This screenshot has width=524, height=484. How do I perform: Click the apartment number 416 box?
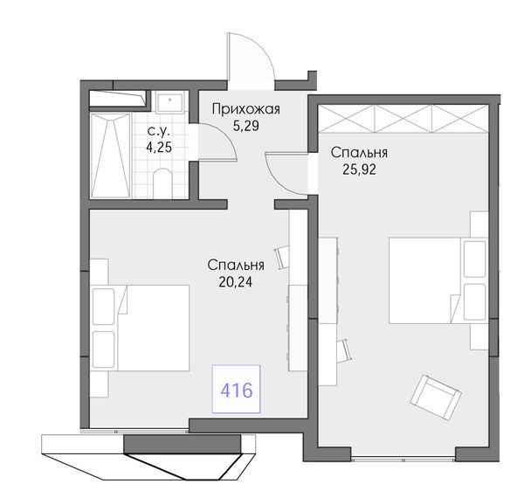click(237, 389)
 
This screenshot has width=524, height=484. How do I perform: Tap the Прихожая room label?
click(246, 109)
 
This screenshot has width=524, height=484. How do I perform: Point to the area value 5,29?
click(246, 126)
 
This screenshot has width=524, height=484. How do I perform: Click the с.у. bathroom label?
click(159, 131)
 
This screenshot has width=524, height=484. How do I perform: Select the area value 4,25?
click(159, 147)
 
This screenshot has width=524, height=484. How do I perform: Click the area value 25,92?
click(359, 169)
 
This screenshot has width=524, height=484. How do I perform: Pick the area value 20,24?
click(236, 282)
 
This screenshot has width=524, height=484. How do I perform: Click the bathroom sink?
click(170, 102)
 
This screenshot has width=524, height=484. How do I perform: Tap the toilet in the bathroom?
click(162, 183)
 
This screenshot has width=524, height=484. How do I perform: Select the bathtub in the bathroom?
click(111, 156)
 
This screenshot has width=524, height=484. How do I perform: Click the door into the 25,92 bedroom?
click(286, 174)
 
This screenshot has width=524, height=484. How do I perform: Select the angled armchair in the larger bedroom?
click(436, 398)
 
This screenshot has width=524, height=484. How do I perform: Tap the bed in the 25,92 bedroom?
click(438, 280)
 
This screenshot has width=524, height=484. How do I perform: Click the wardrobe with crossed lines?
click(403, 119)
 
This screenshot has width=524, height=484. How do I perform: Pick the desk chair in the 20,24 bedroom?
click(281, 257)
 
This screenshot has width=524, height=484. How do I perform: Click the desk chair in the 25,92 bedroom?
click(344, 350)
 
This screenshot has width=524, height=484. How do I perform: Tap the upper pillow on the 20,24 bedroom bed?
click(104, 307)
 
